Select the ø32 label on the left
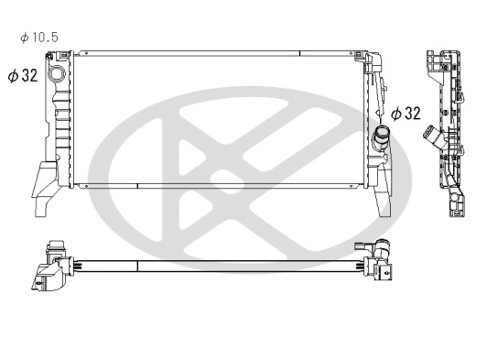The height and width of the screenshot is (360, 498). point(23,76)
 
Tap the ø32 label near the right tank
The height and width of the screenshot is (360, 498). point(406,114)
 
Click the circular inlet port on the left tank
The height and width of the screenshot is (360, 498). point(58,74)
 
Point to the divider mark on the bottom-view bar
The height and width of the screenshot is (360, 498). point(136,267)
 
